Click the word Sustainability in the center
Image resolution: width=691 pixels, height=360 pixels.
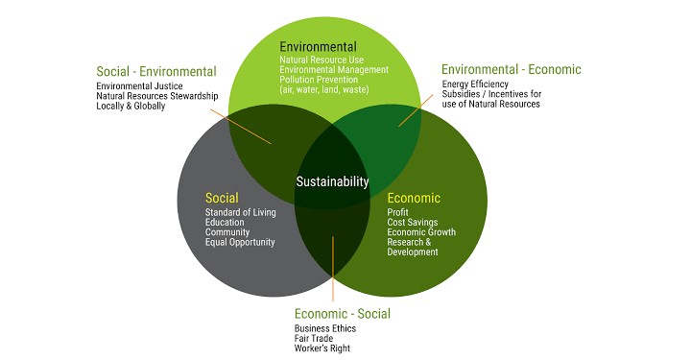[x=331, y=181]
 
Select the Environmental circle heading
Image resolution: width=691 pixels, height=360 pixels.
[x=318, y=46]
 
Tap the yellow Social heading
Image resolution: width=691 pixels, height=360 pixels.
[x=222, y=198]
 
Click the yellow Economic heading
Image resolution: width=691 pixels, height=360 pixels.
[x=414, y=198]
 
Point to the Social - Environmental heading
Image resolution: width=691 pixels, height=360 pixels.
[x=156, y=71]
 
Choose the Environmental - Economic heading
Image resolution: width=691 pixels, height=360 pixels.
[x=511, y=69]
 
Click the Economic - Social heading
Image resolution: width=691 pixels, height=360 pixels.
[x=343, y=313]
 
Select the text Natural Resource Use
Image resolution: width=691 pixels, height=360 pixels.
[x=322, y=60]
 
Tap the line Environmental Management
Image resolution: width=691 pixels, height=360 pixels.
[x=334, y=70]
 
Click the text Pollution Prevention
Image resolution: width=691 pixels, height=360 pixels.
[x=321, y=80]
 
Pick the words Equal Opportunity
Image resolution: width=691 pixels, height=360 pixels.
[x=240, y=242]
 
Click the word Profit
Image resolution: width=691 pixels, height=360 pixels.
[x=397, y=212]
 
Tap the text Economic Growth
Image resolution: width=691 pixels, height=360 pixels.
[x=421, y=232]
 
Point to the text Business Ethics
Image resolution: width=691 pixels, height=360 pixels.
[x=325, y=328]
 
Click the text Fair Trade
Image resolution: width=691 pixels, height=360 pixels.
[x=315, y=338]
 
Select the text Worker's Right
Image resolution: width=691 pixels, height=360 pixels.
[x=322, y=348]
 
